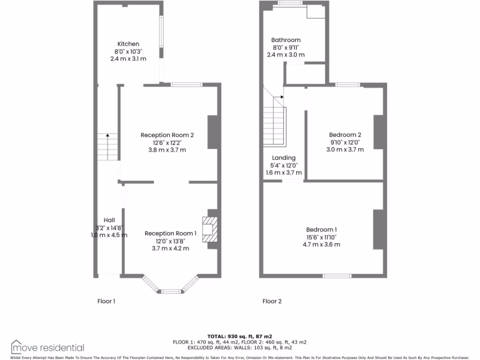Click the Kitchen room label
tap(128, 44)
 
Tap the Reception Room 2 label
tap(167, 135)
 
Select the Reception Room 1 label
tap(170, 233)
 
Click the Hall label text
tap(109, 220)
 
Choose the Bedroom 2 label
tap(345, 135)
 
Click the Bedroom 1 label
tap(321, 230)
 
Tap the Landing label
tap(284, 158)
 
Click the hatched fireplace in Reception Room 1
tap(210, 229)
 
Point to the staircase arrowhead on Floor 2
tap(281, 97)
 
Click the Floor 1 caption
tap(106, 301)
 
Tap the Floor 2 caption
tap(272, 301)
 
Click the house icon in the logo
tap(17, 346)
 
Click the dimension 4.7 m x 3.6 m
tap(323, 245)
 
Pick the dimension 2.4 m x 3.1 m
tap(128, 59)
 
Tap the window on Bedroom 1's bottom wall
tap(337, 276)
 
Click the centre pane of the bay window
tap(171, 292)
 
